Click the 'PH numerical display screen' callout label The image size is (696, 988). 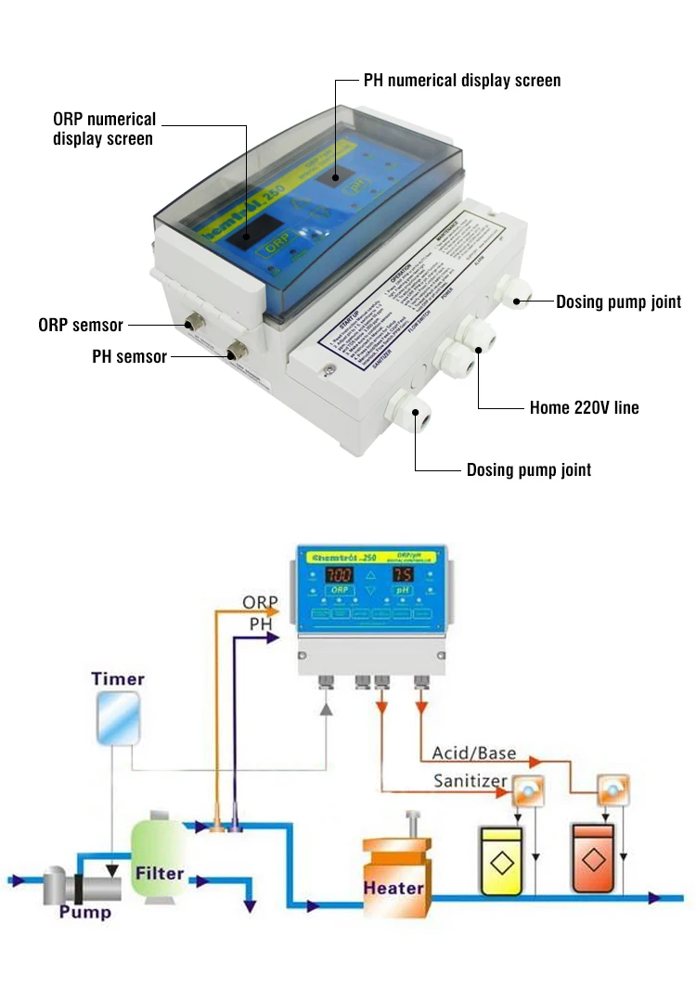click(460, 81)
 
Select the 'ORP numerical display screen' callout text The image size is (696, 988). click(104, 130)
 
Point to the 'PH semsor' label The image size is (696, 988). click(129, 356)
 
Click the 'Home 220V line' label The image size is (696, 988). click(584, 407)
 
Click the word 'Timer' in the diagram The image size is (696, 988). click(118, 679)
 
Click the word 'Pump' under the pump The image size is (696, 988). click(85, 912)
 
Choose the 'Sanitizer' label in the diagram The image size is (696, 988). click(470, 781)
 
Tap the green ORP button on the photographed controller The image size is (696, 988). click(275, 249)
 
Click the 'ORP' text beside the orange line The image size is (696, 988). click(260, 603)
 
